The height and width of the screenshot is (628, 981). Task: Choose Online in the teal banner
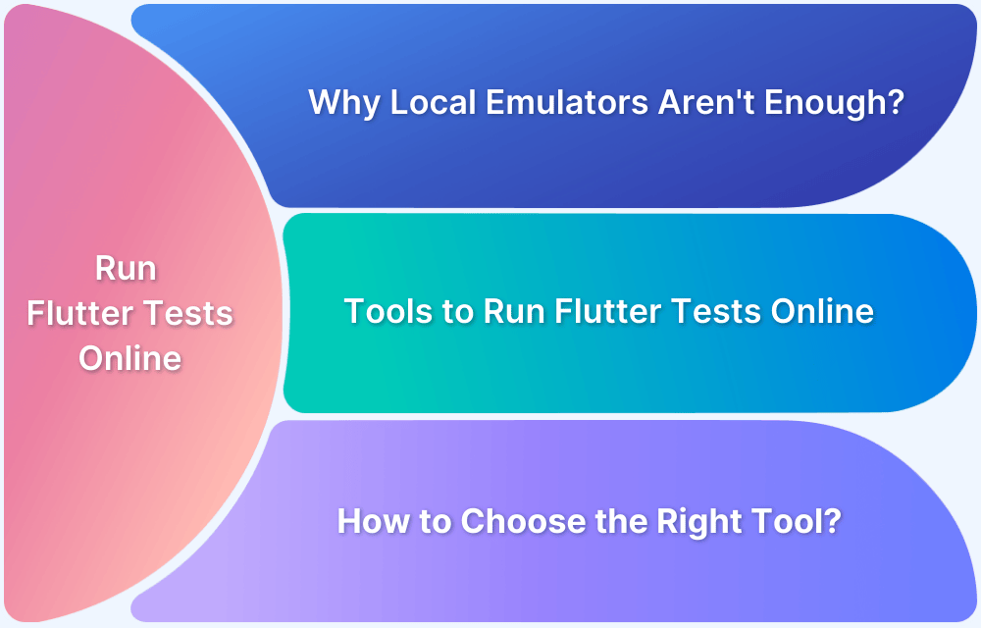(821, 312)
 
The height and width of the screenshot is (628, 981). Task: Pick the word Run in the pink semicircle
(127, 269)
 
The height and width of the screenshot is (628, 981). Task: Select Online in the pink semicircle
(129, 358)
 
